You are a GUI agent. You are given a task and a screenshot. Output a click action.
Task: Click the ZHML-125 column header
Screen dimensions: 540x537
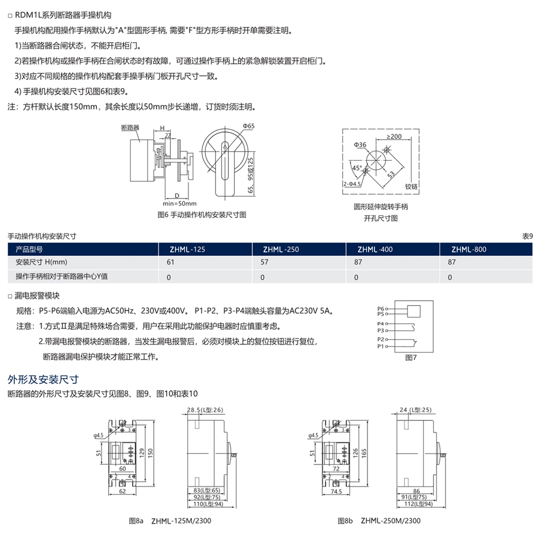tap(187, 249)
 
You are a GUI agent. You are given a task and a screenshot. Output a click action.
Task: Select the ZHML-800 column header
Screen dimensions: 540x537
tap(469, 249)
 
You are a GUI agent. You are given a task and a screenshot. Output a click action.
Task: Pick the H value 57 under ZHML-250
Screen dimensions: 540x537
tap(264, 262)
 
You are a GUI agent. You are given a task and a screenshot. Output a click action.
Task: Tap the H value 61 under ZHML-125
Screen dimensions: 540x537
tap(170, 262)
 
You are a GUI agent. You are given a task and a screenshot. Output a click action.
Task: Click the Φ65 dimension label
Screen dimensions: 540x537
tap(248, 126)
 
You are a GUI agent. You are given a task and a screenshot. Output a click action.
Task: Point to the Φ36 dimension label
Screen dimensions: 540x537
tap(360, 145)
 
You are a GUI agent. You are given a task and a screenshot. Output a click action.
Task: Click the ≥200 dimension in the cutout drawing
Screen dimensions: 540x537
tap(394, 136)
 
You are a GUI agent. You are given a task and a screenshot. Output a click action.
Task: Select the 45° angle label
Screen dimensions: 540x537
tap(357, 168)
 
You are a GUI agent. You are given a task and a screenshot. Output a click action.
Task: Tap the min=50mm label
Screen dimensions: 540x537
tap(180, 204)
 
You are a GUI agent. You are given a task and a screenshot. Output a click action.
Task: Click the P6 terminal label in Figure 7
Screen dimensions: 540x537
tap(380, 309)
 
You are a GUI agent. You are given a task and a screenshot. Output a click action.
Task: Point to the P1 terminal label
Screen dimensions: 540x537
tap(380, 346)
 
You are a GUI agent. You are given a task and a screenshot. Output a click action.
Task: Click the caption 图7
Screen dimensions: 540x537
tap(411, 357)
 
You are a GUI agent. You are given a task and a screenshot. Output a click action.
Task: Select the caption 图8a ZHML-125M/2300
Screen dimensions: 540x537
tap(170, 521)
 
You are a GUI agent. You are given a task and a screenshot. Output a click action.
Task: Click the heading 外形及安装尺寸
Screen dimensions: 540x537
tap(43, 380)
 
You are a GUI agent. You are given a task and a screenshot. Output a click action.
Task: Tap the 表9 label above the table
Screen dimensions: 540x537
tap(527, 236)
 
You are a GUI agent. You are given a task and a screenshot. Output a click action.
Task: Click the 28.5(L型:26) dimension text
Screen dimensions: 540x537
tap(205, 410)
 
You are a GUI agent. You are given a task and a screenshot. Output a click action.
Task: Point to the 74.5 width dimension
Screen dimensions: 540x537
tap(336, 492)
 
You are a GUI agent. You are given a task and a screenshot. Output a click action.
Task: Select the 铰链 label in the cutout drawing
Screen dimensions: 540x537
tap(411, 187)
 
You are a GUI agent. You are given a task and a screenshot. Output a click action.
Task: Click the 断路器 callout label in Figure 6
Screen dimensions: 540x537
tap(130, 127)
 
